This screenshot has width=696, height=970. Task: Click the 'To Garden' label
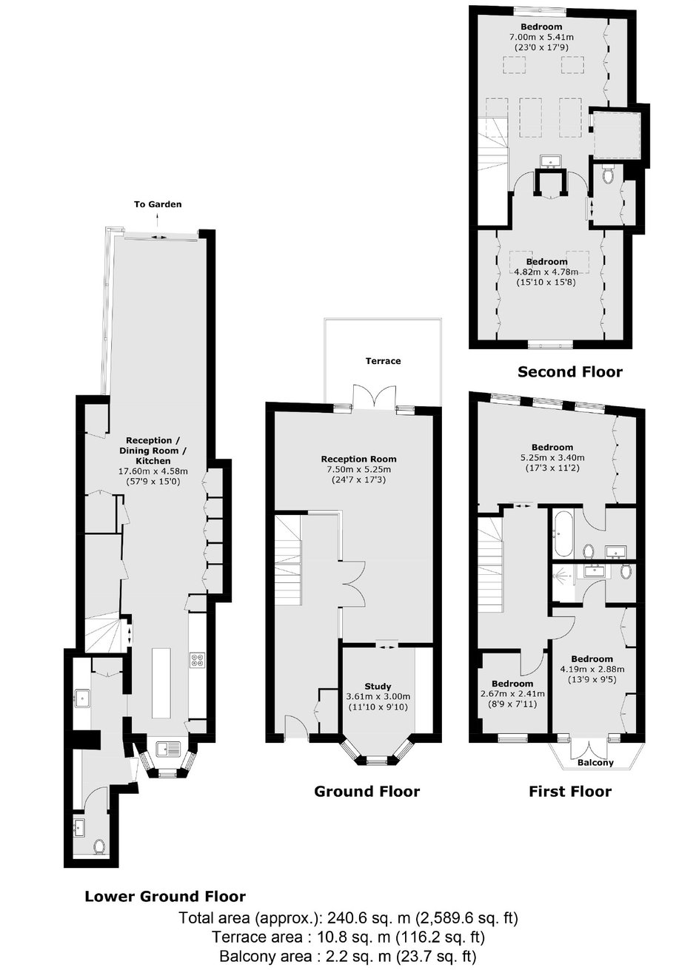tap(157, 204)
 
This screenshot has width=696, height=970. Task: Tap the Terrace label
tap(383, 361)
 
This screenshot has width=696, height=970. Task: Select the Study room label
tap(378, 686)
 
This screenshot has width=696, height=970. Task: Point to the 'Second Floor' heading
tap(570, 371)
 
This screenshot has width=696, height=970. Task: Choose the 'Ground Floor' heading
tap(367, 791)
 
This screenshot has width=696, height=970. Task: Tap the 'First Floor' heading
tap(570, 791)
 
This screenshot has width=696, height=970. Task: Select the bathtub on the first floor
tap(562, 534)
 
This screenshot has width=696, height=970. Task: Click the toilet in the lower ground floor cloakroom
tap(98, 846)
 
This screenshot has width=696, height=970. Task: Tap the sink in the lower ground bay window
tap(168, 748)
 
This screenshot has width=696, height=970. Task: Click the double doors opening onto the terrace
tap(375, 397)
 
